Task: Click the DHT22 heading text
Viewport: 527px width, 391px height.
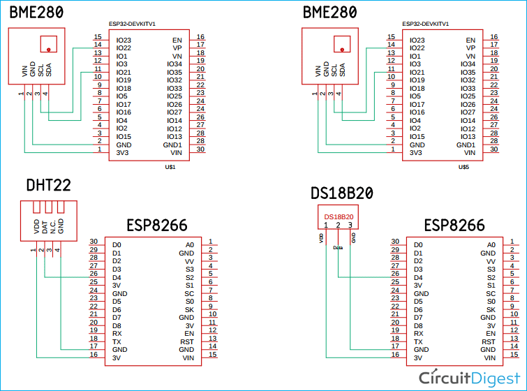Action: [x=48, y=185]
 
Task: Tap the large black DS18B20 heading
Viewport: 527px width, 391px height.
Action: [x=343, y=193]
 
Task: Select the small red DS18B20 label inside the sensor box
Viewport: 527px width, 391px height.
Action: [x=339, y=217]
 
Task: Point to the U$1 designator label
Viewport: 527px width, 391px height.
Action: [x=170, y=168]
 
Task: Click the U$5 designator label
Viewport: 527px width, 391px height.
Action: [x=463, y=168]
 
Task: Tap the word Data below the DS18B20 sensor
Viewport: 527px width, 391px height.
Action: [x=338, y=247]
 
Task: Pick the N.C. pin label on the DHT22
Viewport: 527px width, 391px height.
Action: [x=52, y=225]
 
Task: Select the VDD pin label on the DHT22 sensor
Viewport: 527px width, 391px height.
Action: [x=36, y=225]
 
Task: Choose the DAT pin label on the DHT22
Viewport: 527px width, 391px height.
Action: [x=44, y=225]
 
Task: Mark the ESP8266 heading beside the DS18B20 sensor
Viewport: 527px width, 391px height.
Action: [x=454, y=226]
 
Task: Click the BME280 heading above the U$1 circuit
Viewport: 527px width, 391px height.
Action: [x=36, y=13]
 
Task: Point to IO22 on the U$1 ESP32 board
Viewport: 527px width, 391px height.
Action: [x=124, y=48]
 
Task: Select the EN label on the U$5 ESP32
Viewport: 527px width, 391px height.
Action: [x=470, y=40]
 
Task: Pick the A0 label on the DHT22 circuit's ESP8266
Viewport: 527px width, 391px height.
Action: [x=190, y=245]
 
